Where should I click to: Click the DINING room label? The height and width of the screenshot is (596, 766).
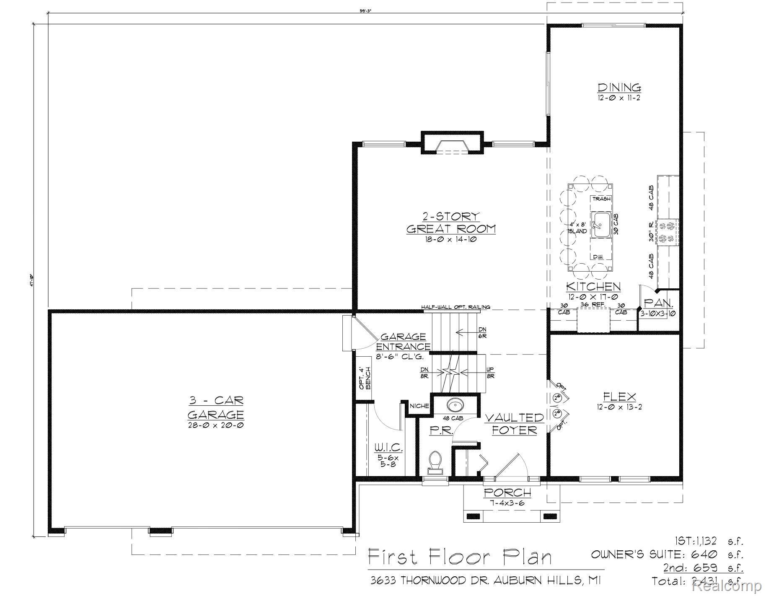[x=619, y=88]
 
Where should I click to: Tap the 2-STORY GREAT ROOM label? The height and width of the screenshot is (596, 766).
[x=451, y=223]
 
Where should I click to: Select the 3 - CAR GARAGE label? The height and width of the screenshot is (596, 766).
[x=215, y=407]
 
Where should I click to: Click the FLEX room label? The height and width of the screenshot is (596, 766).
[x=619, y=396]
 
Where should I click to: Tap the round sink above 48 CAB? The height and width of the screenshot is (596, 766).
[x=455, y=405]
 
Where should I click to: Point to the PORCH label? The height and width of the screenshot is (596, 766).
[x=507, y=492]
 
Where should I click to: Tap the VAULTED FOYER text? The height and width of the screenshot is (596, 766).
[x=515, y=424]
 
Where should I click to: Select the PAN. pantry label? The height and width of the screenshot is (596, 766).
[x=658, y=303]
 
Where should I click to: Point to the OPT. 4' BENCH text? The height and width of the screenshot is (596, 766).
[x=365, y=378]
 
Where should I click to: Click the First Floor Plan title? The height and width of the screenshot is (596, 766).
[x=460, y=557]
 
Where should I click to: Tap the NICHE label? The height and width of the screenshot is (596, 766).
[x=419, y=406]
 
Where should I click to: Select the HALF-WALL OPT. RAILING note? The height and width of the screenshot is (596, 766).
[x=455, y=307]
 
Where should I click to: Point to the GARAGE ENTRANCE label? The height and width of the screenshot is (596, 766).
[x=403, y=342]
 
